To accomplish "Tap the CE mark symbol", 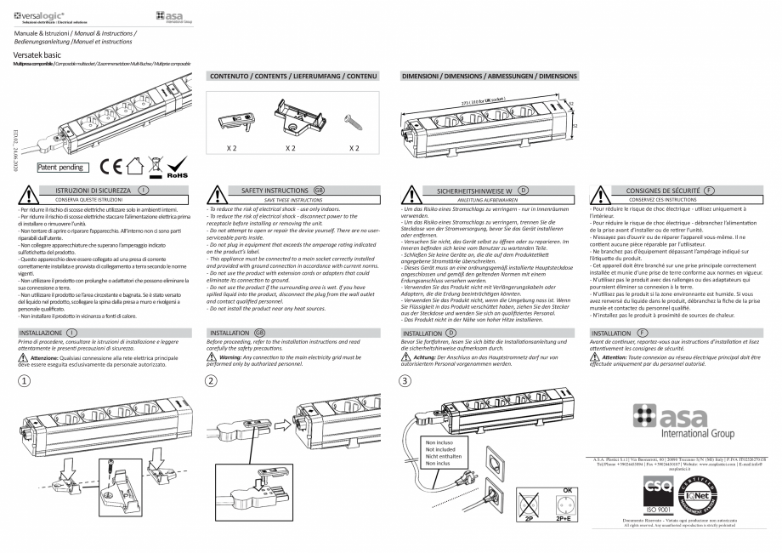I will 111,163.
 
